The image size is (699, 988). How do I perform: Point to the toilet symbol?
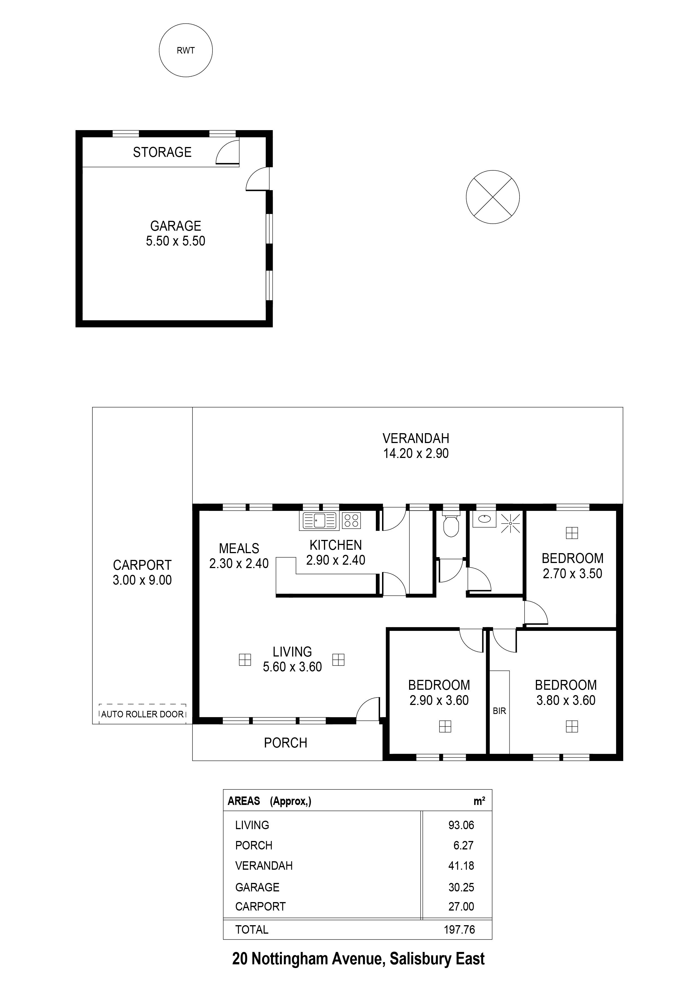pos(451,526)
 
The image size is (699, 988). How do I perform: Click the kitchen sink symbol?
pos(319,521)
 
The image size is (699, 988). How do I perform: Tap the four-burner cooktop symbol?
pos(351,521)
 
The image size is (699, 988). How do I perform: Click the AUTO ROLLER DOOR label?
pos(143,714)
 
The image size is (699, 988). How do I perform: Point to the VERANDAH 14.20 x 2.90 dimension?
pos(416,453)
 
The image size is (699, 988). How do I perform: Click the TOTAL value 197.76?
pos(459,929)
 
